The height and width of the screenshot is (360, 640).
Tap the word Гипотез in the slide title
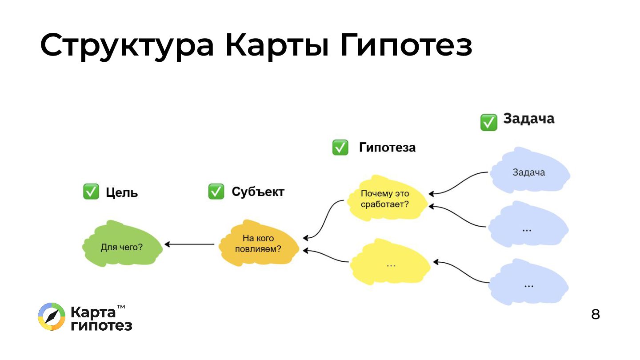[x=406, y=46]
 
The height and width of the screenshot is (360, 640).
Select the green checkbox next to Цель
[x=91, y=192]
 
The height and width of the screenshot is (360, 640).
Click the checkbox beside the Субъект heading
[x=216, y=192]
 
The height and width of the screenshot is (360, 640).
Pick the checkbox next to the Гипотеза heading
[x=340, y=148]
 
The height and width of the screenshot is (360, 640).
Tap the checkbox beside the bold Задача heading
[x=488, y=122]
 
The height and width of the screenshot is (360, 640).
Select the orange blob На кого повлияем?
[x=258, y=244]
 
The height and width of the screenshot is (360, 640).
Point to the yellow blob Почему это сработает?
[x=385, y=199]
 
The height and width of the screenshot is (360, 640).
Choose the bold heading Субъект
[x=258, y=192]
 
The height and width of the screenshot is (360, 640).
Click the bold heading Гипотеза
[x=387, y=148]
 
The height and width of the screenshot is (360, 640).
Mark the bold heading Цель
[x=122, y=192]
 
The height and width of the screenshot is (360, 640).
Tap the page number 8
[x=595, y=314]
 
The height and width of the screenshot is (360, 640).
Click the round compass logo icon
[x=52, y=317]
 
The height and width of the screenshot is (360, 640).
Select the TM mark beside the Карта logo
[x=120, y=307]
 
